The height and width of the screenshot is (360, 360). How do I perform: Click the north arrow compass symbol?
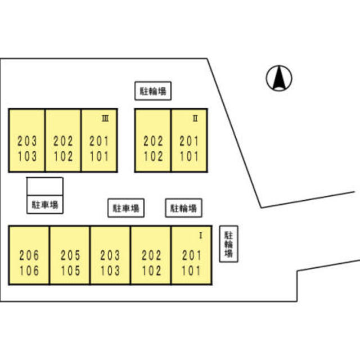click(278, 78)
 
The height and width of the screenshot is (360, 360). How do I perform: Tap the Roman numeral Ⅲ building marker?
click(105, 118)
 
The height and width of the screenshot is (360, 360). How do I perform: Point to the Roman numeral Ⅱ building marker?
click(195, 118)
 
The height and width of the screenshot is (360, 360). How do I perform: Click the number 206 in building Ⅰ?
click(29, 256)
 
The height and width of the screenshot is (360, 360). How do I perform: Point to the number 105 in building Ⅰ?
click(70, 271)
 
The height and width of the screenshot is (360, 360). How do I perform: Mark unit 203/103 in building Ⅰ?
click(110, 263)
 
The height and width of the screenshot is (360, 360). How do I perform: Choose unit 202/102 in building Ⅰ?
click(151, 263)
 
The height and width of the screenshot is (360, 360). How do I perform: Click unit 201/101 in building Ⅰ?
click(191, 263)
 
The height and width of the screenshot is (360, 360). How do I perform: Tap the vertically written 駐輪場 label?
click(228, 245)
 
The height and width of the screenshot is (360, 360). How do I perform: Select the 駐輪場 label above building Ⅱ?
click(153, 91)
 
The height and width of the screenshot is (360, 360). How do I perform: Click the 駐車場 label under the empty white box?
click(45, 205)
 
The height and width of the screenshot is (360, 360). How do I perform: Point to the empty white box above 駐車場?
click(45, 186)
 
